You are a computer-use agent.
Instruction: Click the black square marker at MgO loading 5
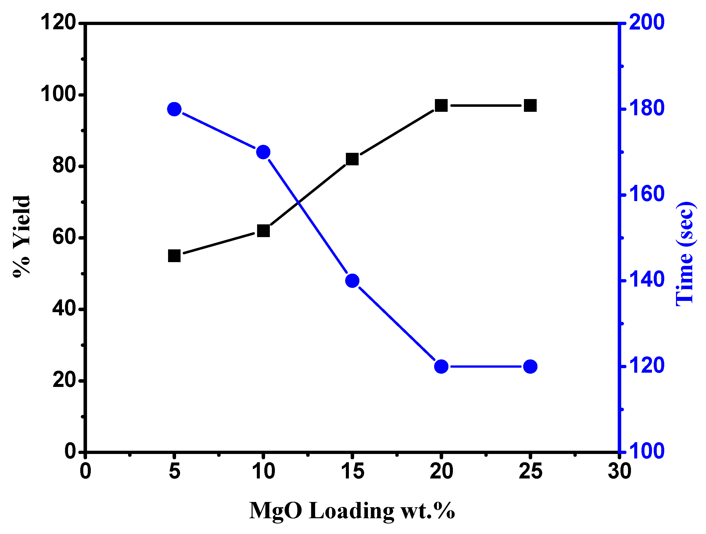174,256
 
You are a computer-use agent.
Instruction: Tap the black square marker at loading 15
352,159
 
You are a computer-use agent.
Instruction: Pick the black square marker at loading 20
441,105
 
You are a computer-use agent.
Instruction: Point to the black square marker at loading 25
530,105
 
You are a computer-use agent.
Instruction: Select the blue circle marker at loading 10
263,152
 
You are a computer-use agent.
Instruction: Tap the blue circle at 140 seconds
352,281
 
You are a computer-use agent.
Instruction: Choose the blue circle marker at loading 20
441,366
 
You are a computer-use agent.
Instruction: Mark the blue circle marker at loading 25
530,366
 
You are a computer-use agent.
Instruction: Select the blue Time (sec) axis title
685,254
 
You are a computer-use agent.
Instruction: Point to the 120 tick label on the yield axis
59,23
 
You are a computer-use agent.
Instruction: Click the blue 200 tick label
646,23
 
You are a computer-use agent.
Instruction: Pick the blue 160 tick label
646,194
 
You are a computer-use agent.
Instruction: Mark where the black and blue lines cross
298,202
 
